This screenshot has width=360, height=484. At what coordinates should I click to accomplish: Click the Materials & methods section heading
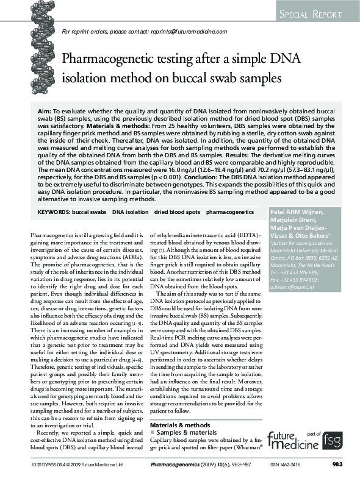pyautogui.click(x=182, y=425)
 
